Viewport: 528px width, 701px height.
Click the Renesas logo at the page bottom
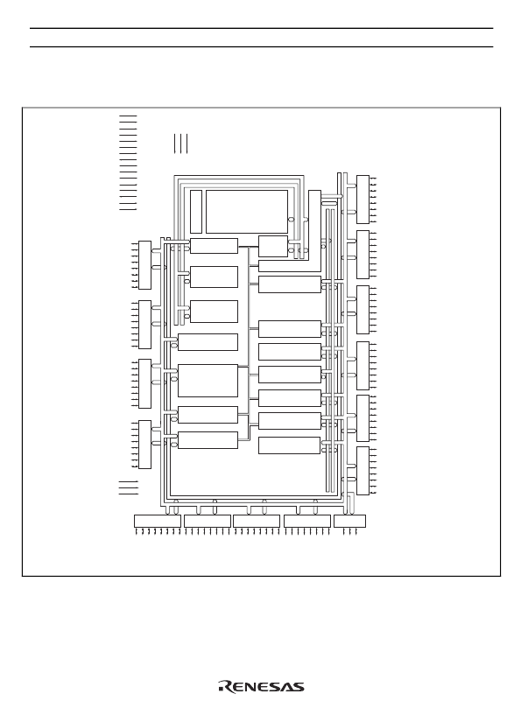point(261,687)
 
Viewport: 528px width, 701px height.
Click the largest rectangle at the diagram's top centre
point(247,212)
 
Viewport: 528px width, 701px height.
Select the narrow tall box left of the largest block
point(196,212)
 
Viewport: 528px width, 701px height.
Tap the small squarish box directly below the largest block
point(273,246)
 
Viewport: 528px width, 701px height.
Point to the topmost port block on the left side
point(144,265)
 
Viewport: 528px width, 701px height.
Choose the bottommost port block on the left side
point(144,445)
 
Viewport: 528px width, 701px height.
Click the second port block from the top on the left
point(144,325)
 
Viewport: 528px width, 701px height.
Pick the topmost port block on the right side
point(363,200)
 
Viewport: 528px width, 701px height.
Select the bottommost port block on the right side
point(363,471)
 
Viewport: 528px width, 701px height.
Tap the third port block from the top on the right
point(363,310)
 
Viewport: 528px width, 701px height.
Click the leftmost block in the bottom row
point(158,522)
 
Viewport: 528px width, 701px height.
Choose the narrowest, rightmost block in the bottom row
point(349,522)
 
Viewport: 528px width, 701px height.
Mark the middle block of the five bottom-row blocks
point(257,522)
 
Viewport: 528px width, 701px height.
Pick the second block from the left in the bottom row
point(208,522)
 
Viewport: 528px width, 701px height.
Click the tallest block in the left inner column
point(208,381)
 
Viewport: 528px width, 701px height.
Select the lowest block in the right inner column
point(290,445)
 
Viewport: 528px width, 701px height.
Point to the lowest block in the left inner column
point(208,440)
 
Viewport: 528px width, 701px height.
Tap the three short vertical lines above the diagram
point(180,144)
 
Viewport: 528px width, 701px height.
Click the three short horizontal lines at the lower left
point(129,487)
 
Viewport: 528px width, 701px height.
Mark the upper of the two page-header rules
point(261,28)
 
